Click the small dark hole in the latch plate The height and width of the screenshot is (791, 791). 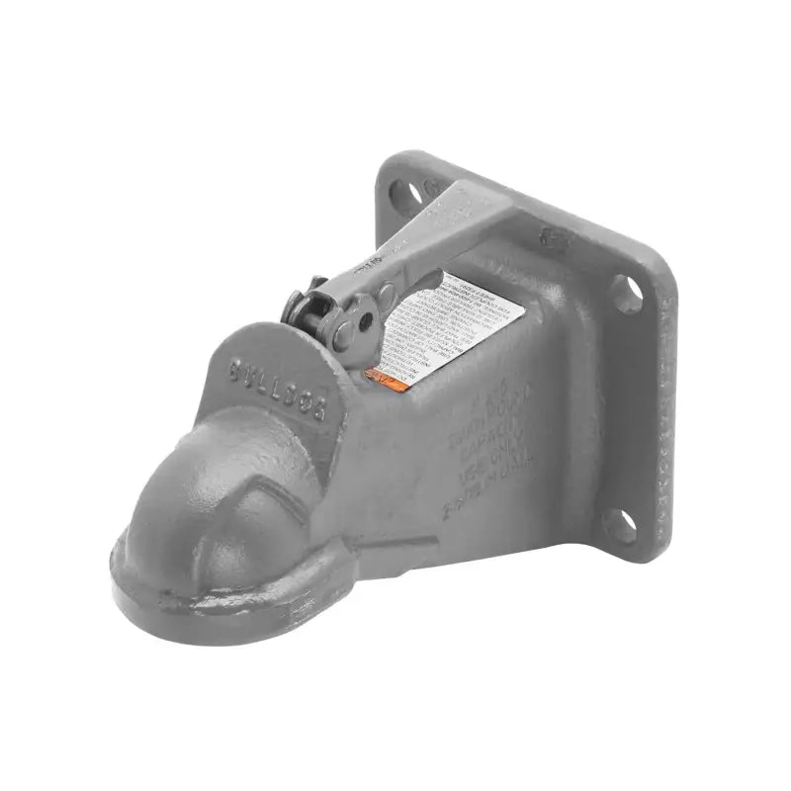[365, 321]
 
